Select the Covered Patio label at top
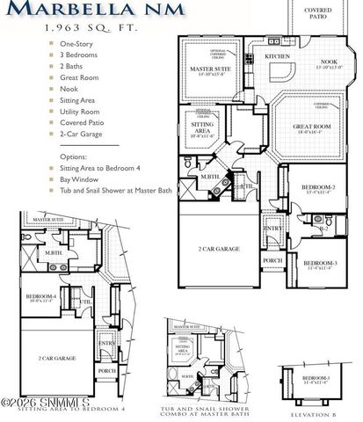pyautogui.click(x=318, y=14)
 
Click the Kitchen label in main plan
pyautogui.click(x=278, y=56)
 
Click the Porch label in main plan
pyautogui.click(x=272, y=260)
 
